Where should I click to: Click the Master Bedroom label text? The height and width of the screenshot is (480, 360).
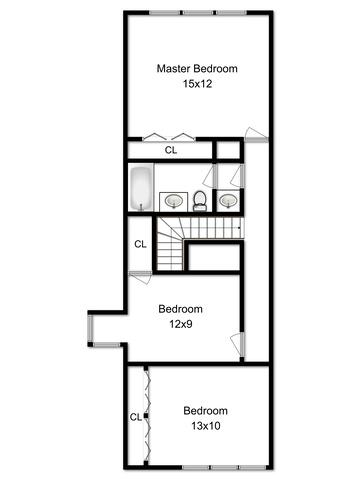point(197,69)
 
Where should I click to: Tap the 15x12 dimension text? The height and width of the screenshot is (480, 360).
point(197,84)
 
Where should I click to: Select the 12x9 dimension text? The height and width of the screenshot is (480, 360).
point(181,324)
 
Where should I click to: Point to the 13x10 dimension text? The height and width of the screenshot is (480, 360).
point(206,426)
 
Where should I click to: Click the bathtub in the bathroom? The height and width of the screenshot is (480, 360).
point(141,189)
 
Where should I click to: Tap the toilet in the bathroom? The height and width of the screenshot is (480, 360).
point(200,201)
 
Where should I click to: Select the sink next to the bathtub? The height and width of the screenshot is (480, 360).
point(174,201)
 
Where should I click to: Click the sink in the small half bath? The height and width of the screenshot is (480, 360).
point(228,201)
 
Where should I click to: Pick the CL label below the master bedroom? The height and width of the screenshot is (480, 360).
point(171,150)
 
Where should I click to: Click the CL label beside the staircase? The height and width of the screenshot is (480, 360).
point(140,244)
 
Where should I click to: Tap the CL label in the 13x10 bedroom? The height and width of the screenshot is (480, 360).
point(136,417)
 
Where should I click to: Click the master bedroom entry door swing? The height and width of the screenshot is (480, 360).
point(256,135)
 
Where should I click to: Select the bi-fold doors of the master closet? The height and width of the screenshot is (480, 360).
point(169,137)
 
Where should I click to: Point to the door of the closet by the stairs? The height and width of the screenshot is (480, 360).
point(141,277)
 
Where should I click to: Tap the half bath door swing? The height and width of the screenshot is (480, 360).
point(238,176)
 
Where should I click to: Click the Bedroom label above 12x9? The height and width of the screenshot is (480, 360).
point(180,309)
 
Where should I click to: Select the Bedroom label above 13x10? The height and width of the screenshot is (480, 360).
point(205,411)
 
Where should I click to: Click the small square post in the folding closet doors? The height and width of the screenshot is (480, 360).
point(146,416)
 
